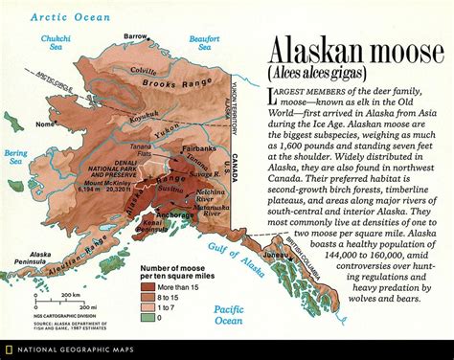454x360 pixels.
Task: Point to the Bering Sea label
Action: click(x=15, y=157)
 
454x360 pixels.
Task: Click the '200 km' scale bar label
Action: click(x=70, y=296)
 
